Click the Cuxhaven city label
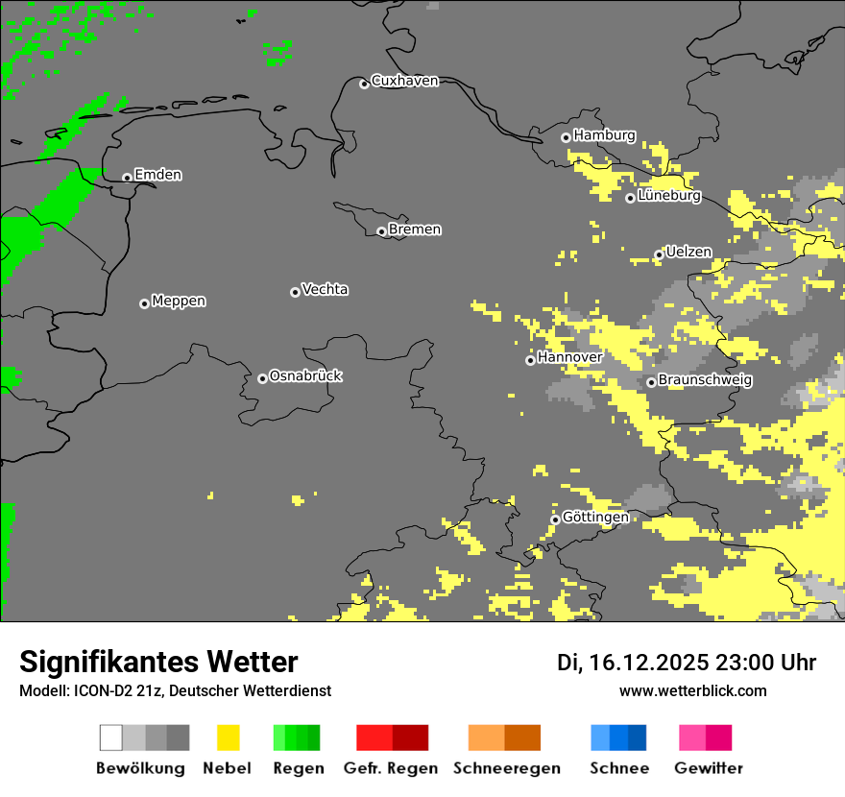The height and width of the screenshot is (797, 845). click(404, 81)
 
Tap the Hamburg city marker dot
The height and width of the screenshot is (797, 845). click(566, 137)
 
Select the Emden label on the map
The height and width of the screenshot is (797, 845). click(157, 175)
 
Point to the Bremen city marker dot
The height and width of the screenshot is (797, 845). click(381, 231)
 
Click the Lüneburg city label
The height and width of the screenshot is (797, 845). click(669, 196)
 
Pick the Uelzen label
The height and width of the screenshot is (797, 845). click(688, 252)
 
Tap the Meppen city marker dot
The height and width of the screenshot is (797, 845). click(144, 303)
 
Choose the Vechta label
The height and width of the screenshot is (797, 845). click(325, 289)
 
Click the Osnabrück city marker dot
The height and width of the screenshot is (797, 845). click(262, 378)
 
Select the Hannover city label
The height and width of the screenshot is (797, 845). click(569, 357)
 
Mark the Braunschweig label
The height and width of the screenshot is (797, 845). click(705, 379)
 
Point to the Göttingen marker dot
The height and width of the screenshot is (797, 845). click(555, 519)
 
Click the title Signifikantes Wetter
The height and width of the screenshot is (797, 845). click(158, 662)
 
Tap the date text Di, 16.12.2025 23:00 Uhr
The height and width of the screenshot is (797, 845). click(687, 663)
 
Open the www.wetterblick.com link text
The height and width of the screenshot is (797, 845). click(692, 690)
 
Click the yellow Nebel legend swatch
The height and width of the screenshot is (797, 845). click(228, 737)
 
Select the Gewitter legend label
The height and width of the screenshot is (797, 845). click(708, 768)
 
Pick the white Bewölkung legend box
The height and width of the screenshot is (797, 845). click(111, 737)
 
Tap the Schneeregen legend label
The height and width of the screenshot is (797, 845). click(506, 768)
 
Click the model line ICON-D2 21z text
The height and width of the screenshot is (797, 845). click(175, 690)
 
